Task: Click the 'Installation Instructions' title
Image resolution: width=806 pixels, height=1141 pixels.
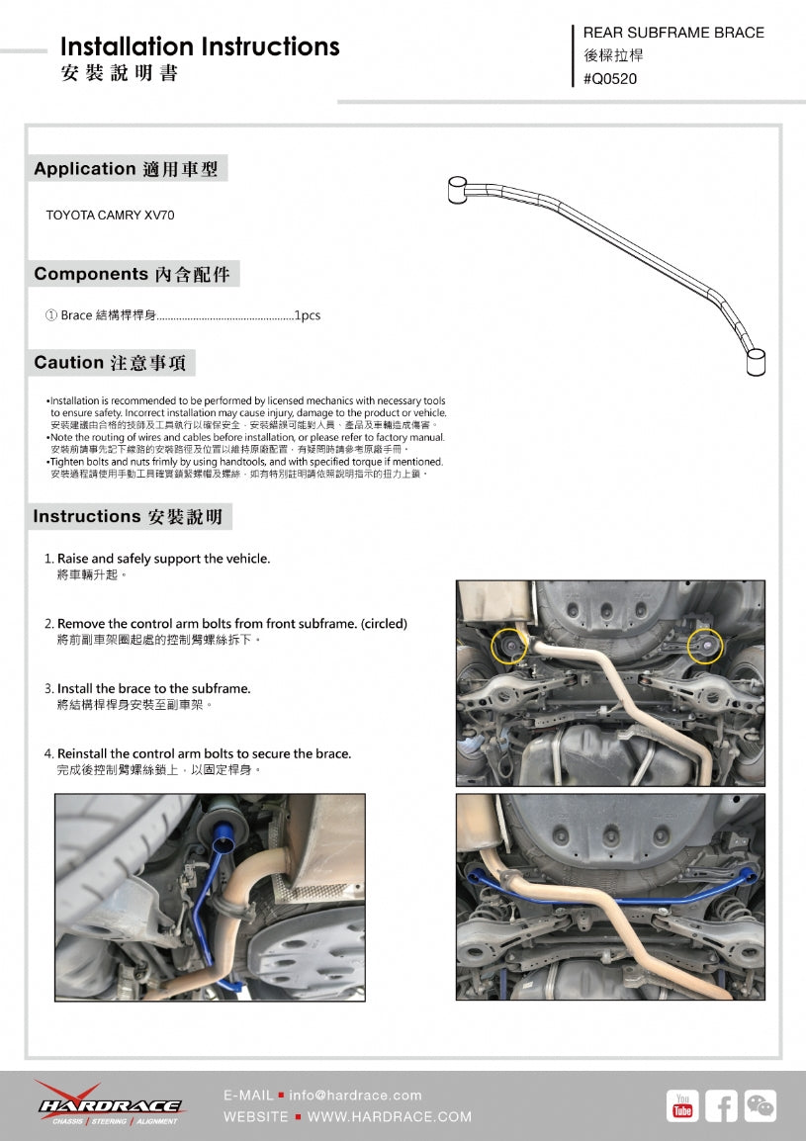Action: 200,46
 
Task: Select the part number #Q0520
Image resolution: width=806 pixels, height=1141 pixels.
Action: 610,79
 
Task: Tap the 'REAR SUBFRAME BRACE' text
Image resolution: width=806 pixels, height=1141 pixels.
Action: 673,33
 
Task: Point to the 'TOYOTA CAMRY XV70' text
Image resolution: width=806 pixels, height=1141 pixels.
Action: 110,215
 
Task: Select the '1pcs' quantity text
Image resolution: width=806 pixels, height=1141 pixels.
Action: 307,316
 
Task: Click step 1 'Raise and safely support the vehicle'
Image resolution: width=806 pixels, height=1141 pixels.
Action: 163,559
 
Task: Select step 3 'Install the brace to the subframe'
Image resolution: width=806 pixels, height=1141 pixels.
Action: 153,688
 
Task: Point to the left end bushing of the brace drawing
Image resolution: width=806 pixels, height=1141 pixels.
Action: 457,189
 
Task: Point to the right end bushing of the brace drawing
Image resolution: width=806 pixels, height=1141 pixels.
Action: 756,362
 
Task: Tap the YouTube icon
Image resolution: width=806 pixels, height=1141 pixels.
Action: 682,1106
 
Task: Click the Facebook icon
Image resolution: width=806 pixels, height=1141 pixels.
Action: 721,1106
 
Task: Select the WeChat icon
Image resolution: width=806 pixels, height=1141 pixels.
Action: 760,1106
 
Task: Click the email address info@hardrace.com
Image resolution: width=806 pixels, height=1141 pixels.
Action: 355,1096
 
